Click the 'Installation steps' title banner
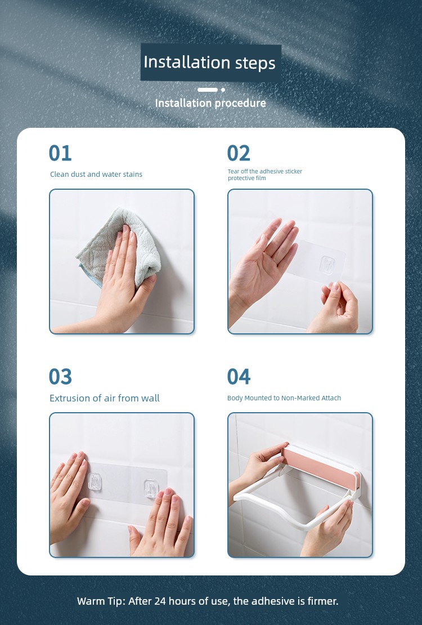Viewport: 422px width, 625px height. click(211, 63)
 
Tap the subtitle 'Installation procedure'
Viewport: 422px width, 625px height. click(210, 103)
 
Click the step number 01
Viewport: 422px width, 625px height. click(60, 153)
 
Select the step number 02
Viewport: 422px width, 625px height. click(239, 153)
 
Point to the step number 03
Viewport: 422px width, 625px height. click(60, 377)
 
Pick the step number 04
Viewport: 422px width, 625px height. click(239, 377)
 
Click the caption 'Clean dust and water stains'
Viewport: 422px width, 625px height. click(96, 174)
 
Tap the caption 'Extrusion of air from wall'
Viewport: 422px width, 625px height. click(105, 398)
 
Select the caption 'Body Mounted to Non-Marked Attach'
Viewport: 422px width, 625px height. click(284, 398)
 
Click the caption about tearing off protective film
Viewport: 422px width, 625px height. click(265, 175)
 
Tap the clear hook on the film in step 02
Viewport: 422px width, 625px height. click(327, 265)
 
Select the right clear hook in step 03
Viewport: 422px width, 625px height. click(151, 489)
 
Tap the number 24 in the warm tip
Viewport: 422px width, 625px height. click(160, 601)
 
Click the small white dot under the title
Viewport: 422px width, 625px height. click(223, 90)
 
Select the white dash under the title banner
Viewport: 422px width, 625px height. click(208, 90)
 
